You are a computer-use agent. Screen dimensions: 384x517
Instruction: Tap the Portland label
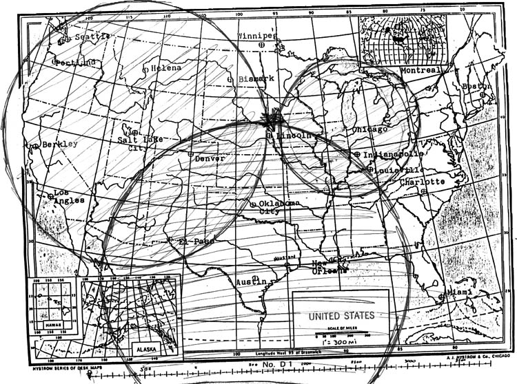tap(77, 63)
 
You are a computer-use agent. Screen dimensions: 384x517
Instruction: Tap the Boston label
tap(477, 86)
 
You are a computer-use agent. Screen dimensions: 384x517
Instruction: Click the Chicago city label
tap(369, 129)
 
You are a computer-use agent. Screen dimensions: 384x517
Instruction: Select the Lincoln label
tap(294, 136)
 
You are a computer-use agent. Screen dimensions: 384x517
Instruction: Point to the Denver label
tap(210, 158)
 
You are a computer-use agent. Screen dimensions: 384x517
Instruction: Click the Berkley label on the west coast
tap(59, 145)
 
